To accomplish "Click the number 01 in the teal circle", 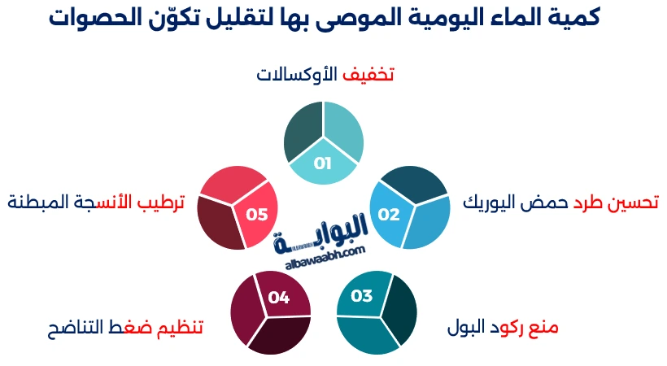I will point(323,163).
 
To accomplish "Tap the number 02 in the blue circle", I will point(389,215).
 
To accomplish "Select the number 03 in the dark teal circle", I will point(361,295).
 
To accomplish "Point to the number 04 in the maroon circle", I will point(279,298).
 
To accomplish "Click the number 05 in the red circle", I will point(257,215).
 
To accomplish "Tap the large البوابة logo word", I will point(324,241).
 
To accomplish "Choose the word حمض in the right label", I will point(544,203).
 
